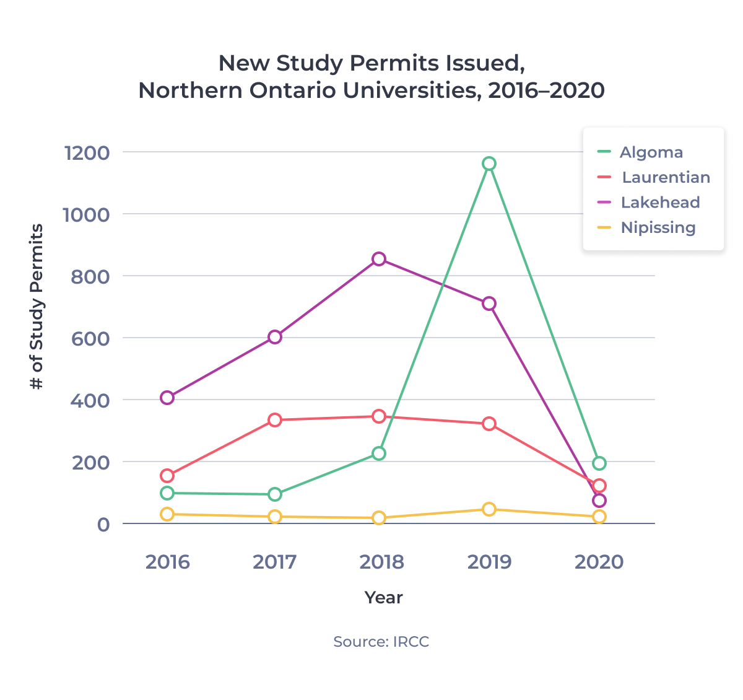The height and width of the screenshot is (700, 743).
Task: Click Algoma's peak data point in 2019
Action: coord(489,164)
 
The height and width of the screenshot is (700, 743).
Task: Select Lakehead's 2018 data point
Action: coord(379,259)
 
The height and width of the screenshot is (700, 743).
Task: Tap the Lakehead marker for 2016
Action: coord(167,398)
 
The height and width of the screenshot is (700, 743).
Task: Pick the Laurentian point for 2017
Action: coord(275,420)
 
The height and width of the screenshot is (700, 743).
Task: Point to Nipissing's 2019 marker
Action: coord(489,509)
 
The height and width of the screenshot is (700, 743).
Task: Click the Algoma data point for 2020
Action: coord(599,463)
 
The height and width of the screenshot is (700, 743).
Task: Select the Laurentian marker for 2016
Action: coord(167,476)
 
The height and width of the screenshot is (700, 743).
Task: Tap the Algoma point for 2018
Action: coord(379,453)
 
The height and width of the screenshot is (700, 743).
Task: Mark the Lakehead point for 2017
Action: coord(275,337)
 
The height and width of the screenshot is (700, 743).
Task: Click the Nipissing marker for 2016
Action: coord(167,514)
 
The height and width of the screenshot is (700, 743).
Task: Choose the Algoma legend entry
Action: coord(651,152)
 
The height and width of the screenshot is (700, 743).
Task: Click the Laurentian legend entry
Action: coord(665,178)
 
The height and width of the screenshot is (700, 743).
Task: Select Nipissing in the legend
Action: coord(658,228)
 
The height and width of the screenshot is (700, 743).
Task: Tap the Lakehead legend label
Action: coord(660,203)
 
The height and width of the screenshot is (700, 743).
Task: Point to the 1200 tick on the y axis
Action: coord(87,152)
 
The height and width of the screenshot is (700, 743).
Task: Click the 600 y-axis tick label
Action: coord(90,338)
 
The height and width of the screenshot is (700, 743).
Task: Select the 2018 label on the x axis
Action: coord(381,562)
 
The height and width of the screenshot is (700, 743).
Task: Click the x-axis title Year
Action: coord(383,598)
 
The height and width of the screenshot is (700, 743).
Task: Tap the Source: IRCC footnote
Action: coord(381,642)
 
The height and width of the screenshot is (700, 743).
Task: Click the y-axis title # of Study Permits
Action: coord(37,307)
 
